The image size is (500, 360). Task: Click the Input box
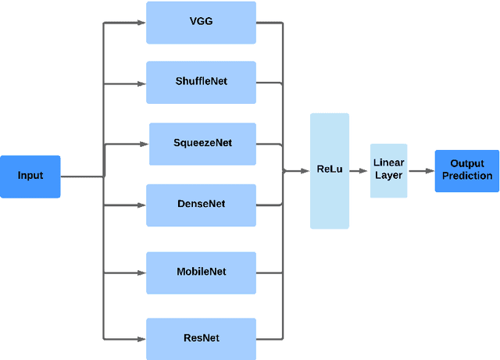30,176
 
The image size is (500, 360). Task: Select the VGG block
201,22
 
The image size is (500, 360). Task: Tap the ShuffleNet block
201,82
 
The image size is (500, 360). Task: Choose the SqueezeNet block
202,144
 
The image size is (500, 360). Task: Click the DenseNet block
201,205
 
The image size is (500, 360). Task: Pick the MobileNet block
201,273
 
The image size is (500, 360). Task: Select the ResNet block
201,338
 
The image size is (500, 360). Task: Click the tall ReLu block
329,170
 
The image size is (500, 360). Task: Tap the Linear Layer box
388,169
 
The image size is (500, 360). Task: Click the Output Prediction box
466,170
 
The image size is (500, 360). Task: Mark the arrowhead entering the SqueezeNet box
145,144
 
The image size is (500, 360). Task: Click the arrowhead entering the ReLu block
305,170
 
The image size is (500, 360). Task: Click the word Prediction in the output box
467,176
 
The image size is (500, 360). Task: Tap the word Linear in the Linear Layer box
388,163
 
